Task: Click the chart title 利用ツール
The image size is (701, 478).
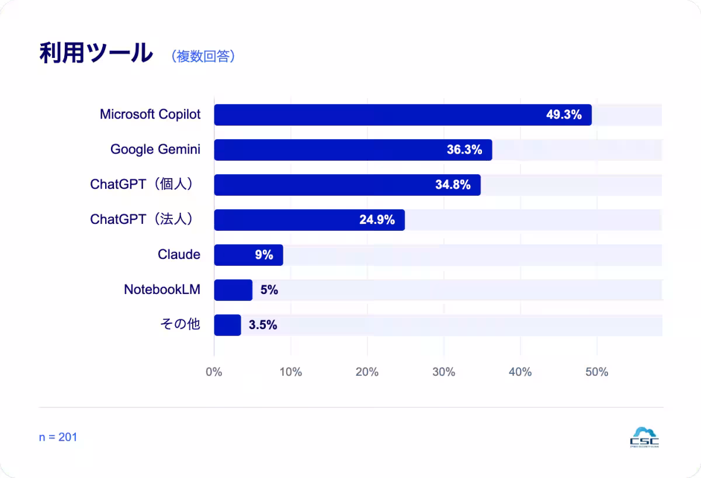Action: click(x=96, y=53)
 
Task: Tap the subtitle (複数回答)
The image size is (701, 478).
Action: click(x=203, y=56)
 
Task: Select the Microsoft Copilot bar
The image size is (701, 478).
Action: click(x=402, y=115)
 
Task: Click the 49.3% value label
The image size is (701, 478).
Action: click(x=564, y=115)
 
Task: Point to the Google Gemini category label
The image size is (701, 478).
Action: click(x=155, y=150)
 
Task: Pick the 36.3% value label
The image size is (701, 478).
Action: click(x=464, y=150)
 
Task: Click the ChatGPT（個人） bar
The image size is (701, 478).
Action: click(x=348, y=185)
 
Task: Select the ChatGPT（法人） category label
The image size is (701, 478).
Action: click(x=143, y=219)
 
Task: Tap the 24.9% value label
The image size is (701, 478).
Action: click(x=377, y=220)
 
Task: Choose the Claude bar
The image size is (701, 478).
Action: click(x=248, y=255)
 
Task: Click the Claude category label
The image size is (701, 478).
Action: click(x=179, y=254)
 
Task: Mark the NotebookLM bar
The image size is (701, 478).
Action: click(x=233, y=290)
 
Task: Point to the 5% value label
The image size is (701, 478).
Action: click(x=269, y=290)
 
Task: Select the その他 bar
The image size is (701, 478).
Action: click(x=227, y=325)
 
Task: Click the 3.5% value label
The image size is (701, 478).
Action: click(x=263, y=325)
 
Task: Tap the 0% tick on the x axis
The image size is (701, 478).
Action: click(x=214, y=372)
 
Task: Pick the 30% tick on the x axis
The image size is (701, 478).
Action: click(x=444, y=372)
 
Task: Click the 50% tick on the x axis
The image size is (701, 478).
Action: click(x=597, y=372)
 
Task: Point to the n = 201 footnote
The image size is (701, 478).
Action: click(x=58, y=437)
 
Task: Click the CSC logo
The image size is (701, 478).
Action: click(x=644, y=437)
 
